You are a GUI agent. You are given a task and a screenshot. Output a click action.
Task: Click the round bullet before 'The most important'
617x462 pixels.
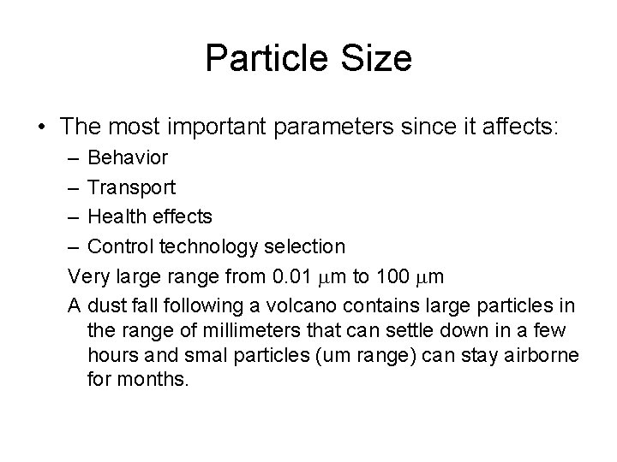pos(40,127)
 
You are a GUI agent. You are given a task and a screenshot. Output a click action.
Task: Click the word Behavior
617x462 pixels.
pos(128,157)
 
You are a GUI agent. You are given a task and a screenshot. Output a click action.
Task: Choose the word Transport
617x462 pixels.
pos(132,187)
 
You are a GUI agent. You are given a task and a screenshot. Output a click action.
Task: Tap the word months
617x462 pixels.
pos(154,379)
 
